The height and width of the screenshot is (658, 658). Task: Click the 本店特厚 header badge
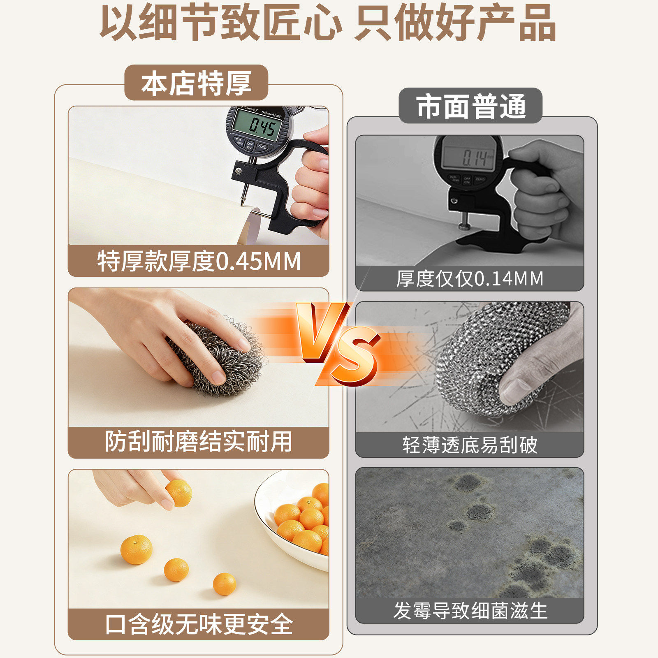196,83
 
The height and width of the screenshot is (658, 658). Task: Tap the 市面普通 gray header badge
470,106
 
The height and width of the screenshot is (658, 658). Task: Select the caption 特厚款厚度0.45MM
199,261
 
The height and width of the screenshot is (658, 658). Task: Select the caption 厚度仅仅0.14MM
470,279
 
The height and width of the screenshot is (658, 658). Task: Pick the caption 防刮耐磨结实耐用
199,442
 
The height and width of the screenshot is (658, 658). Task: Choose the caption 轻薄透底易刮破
470,445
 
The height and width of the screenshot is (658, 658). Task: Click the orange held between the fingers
179,493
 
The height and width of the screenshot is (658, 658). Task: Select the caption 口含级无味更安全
199,624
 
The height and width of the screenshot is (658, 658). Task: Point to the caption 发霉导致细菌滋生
470,611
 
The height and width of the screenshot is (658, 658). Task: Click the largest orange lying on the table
136,549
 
